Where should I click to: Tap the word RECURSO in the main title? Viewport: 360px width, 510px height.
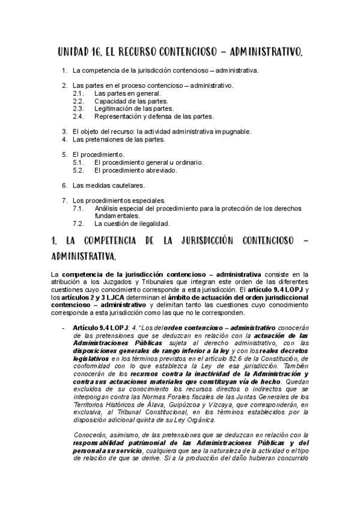coord(145,53)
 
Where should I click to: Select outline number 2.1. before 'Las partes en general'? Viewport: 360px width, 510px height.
coord(78,94)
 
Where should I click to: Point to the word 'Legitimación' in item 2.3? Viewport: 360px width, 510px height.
coord(114,109)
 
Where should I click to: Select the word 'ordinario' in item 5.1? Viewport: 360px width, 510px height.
coord(188,162)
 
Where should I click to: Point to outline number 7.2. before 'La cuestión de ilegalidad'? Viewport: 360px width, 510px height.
coord(78,223)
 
